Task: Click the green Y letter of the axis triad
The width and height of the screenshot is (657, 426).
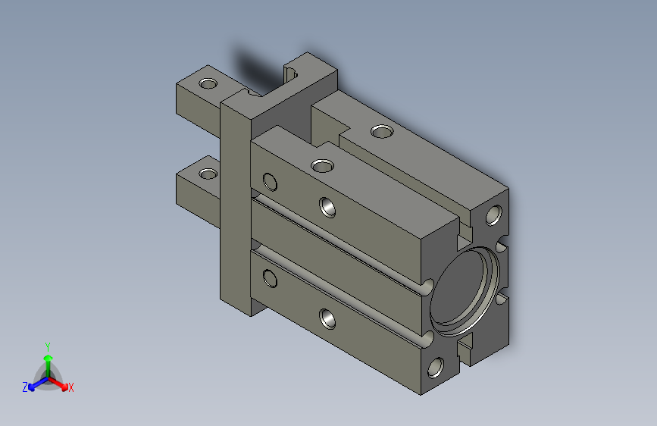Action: pos(48,347)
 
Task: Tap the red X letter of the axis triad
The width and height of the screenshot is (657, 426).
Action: pos(70,388)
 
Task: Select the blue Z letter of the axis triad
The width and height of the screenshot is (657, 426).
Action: pos(25,387)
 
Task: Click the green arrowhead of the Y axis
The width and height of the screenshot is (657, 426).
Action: pos(48,359)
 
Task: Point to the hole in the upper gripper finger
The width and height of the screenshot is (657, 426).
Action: pos(208,83)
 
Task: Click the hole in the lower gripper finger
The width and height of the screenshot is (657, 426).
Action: pos(208,174)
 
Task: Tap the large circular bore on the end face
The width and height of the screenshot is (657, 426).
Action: pos(465,291)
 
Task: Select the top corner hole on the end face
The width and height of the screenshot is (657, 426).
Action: pos(493,215)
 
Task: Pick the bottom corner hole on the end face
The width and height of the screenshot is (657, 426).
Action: pos(436,368)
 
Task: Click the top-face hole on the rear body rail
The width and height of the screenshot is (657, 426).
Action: pos(382,132)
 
